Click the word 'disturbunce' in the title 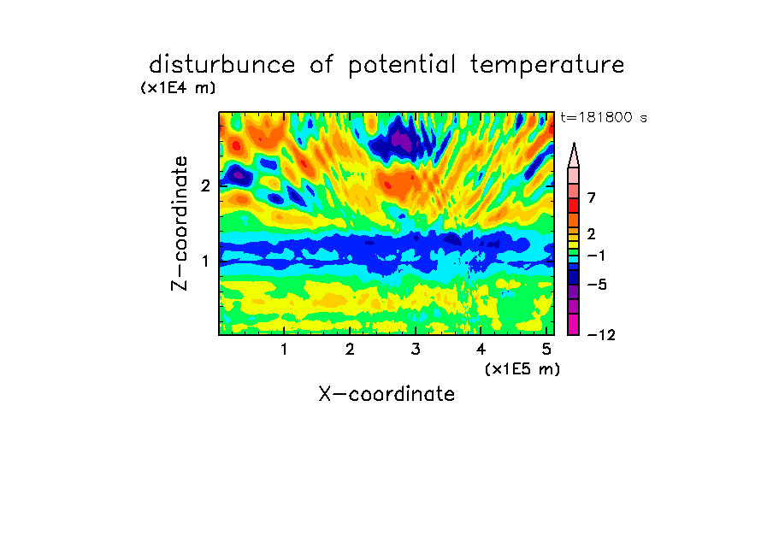222,65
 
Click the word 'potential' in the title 402,66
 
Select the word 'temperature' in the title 547,66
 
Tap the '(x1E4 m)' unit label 179,88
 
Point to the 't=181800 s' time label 604,117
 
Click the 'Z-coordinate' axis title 180,223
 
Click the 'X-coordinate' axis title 387,394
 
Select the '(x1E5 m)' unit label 522,369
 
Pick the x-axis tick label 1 284,350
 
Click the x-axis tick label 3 416,350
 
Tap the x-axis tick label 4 481,350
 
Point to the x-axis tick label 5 546,350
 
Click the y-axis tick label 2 205,185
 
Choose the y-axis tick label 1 205,262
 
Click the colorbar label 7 592,197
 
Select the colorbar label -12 601,335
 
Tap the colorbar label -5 597,285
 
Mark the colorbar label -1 596,256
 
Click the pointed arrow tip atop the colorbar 574,144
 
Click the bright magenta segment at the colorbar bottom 574,324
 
